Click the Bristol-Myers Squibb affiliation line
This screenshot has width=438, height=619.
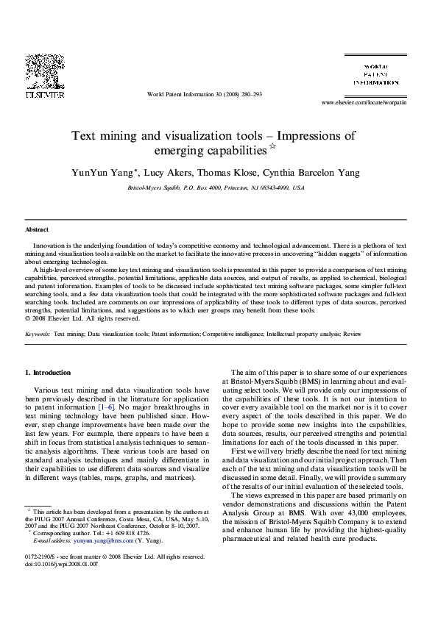pos(216,188)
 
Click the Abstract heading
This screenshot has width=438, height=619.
pos(37,230)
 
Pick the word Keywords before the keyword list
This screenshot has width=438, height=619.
pos(38,333)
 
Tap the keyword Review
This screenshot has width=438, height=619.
pos(352,333)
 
